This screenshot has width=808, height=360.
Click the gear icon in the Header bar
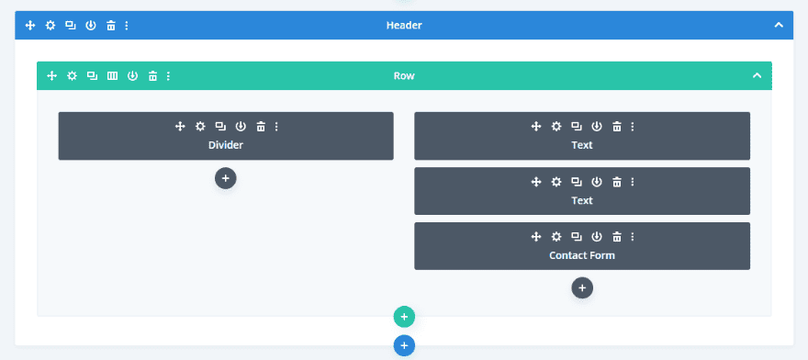(50, 25)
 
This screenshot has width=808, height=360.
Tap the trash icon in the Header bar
(111, 25)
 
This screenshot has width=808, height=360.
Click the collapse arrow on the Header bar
(779, 25)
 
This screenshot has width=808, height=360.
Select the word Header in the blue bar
(404, 25)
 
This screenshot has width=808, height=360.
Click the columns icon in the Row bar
(112, 75)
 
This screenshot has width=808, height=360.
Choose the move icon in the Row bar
(51, 75)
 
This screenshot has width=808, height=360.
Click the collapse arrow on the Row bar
(757, 75)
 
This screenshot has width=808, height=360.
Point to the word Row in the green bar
(404, 75)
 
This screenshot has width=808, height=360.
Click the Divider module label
(226, 145)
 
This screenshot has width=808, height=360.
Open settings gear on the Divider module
(200, 127)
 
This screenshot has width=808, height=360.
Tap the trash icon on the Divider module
(261, 127)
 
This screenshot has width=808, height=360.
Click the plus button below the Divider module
(226, 177)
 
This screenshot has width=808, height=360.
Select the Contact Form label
(582, 255)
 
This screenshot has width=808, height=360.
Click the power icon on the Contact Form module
(597, 237)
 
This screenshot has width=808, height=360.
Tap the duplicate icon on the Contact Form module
(576, 237)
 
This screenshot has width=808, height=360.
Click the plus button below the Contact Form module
(582, 287)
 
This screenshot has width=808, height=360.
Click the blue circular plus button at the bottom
(404, 345)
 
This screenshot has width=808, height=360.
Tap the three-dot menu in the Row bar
(169, 75)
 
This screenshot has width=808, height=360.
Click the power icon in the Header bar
(91, 25)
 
